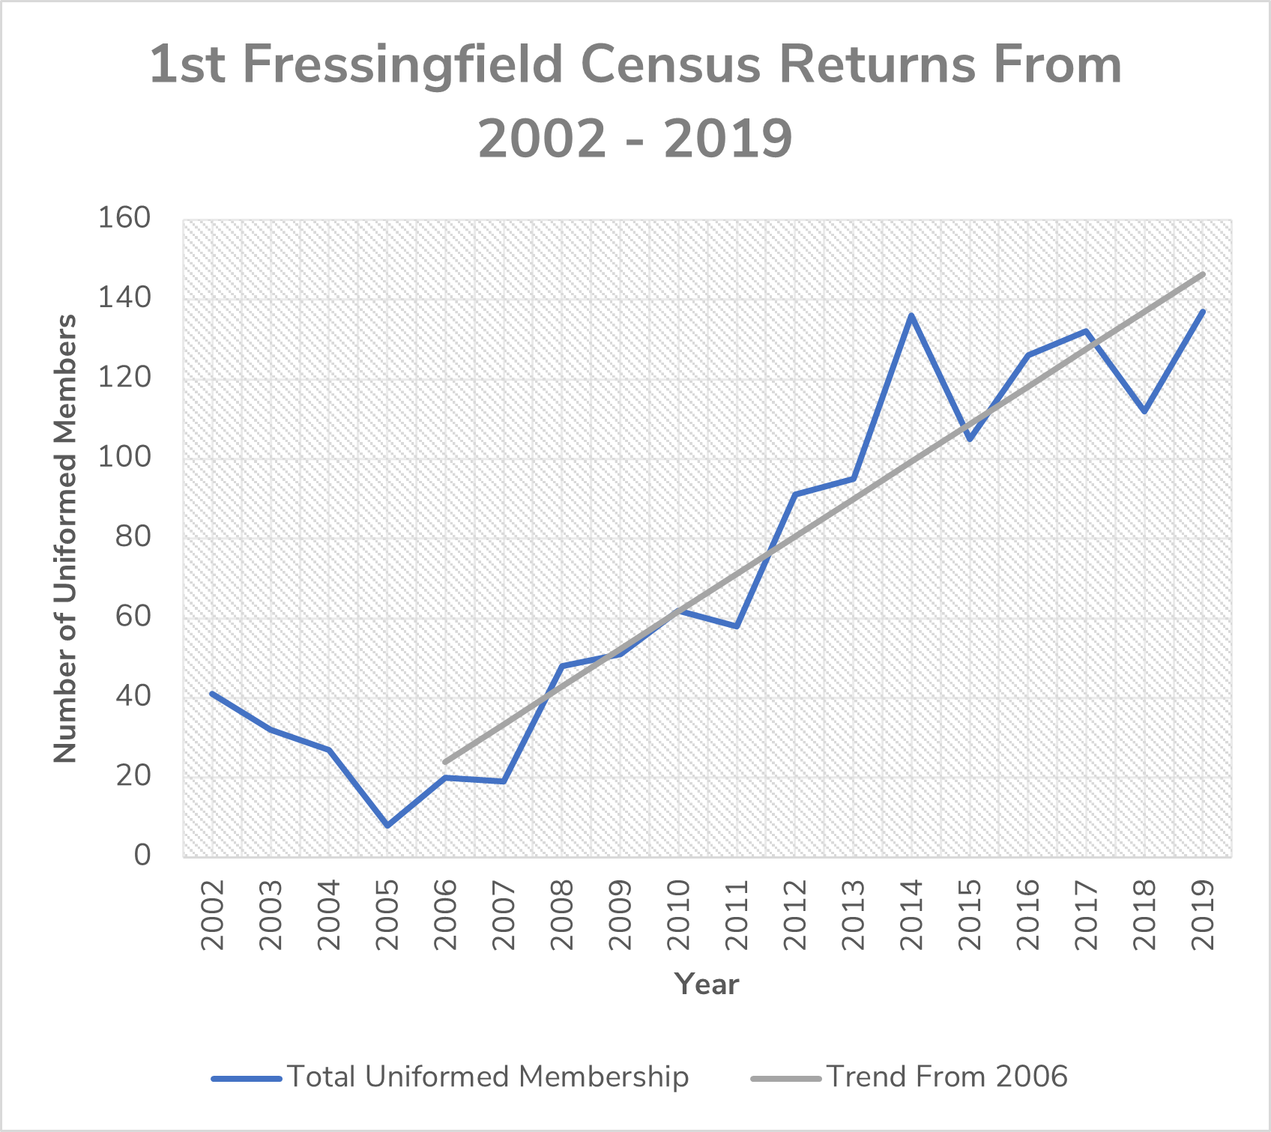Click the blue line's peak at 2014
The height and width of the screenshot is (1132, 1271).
point(911,315)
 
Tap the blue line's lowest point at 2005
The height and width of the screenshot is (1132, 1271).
point(387,826)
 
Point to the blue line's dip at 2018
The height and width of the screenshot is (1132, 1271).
point(1144,411)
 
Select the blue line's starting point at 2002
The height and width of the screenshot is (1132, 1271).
point(213,694)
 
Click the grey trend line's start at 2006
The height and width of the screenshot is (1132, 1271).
point(446,762)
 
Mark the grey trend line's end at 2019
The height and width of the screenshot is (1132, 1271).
point(1203,274)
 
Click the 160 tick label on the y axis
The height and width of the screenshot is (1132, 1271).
point(124,218)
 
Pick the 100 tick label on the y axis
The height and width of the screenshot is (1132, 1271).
point(124,457)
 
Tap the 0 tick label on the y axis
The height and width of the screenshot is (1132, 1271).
point(142,855)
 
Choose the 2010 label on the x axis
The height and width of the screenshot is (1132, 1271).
point(678,915)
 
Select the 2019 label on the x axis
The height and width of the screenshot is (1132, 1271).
point(1203,915)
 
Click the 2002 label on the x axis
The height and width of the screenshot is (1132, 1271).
point(213,915)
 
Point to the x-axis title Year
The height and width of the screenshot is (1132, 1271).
point(707,984)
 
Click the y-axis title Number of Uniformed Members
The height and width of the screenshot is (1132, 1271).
point(66,538)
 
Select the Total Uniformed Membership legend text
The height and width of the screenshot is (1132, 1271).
point(488,1077)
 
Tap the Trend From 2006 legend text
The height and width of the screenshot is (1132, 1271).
point(947,1077)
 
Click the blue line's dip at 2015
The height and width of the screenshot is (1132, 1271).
point(970,439)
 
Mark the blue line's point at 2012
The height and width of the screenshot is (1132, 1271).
point(795,494)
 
